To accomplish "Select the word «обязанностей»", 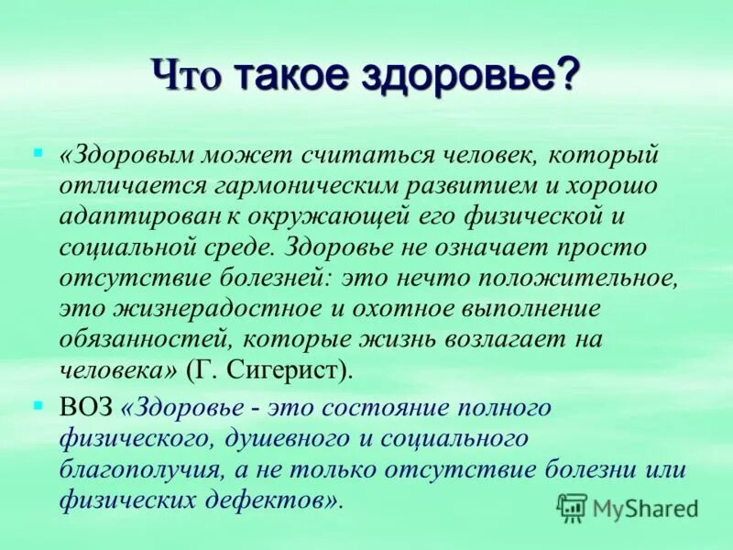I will (x=140, y=337).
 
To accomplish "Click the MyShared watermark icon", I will (x=572, y=506).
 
